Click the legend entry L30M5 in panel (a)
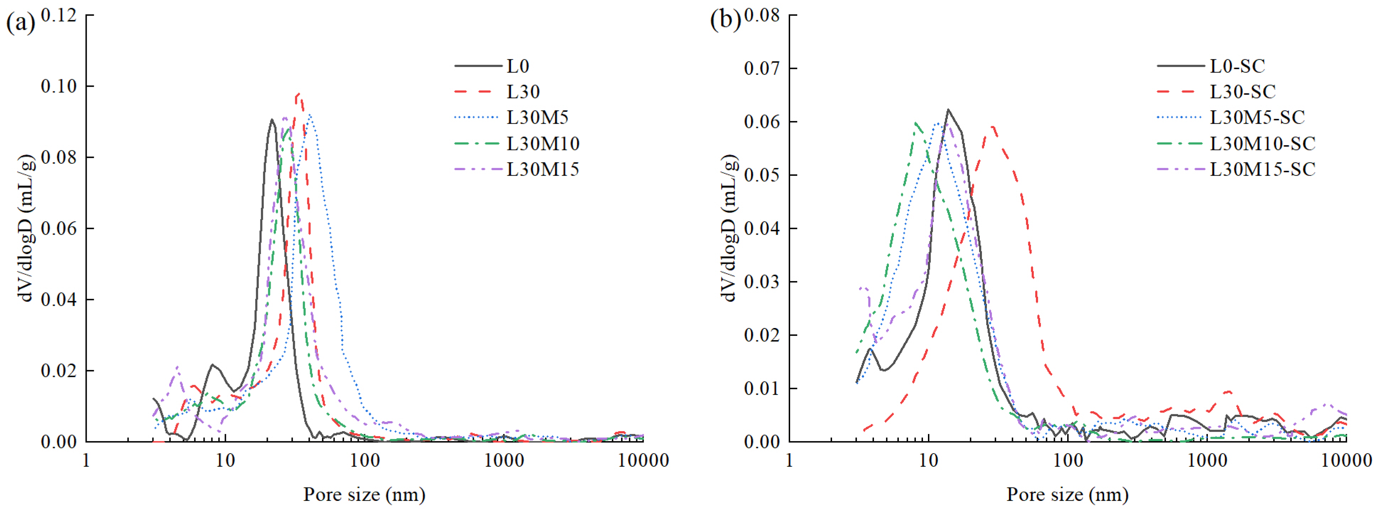(x=537, y=117)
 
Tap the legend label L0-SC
(x=1237, y=66)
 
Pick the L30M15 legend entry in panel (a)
(x=542, y=169)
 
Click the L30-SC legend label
(x=1242, y=91)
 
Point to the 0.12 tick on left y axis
(x=59, y=15)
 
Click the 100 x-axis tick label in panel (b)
(x=1068, y=460)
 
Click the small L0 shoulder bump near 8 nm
(x=213, y=365)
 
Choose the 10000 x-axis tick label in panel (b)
(x=1346, y=460)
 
